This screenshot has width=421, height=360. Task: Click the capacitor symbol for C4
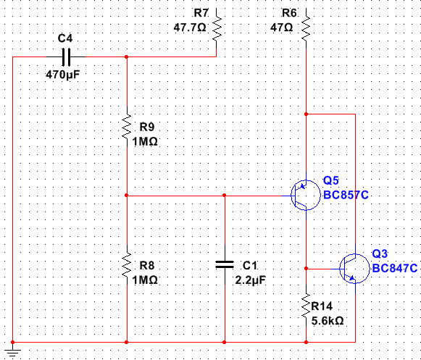pos(66,57)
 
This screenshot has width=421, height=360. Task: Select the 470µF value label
pos(63,75)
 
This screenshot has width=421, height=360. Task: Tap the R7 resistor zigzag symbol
pos(217,28)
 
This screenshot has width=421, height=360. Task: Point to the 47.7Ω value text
pos(190,28)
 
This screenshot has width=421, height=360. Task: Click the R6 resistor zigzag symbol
pos(306,28)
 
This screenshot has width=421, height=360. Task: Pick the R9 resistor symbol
pos(127,127)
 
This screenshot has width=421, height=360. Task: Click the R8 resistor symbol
pos(127,265)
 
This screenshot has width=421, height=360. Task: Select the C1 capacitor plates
pos(225,264)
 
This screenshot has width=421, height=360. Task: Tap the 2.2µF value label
pos(251,280)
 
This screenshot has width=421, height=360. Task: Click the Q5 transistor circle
pos(306,195)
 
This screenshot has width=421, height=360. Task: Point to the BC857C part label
pos(346,195)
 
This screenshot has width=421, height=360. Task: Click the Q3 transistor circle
pos(354,269)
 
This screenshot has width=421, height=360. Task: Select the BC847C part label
pos(395,268)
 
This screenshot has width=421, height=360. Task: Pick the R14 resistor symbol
pos(306,306)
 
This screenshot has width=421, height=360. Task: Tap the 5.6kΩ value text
pos(328,321)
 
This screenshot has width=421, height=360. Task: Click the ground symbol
pos(12,351)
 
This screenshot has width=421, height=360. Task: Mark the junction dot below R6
pos(306,114)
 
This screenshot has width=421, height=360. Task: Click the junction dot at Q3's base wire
pos(306,269)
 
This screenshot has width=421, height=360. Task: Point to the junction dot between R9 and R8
pos(127,196)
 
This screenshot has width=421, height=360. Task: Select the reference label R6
pos(289,13)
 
